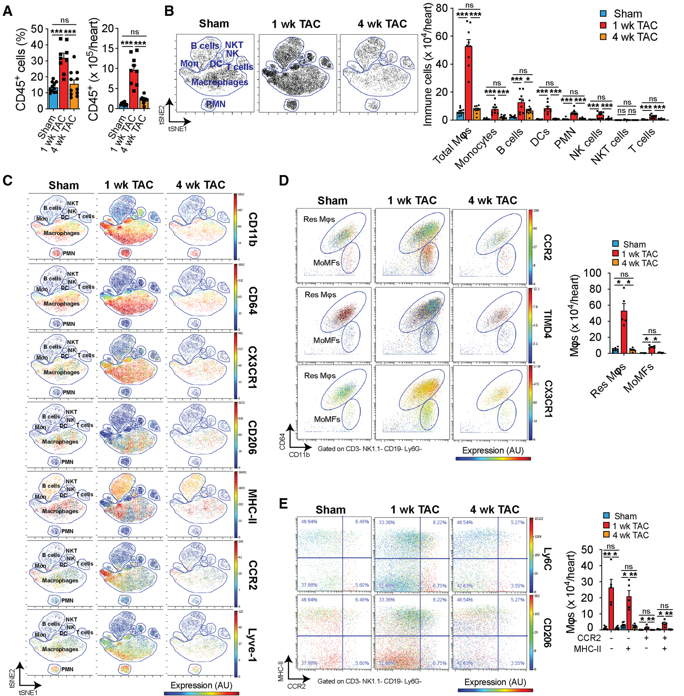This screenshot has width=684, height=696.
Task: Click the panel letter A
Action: (x=7, y=11)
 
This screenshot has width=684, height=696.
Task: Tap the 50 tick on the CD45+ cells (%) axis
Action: (x=37, y=29)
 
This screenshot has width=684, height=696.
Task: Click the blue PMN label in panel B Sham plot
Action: (x=215, y=104)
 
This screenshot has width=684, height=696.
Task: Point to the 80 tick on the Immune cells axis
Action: (x=442, y=8)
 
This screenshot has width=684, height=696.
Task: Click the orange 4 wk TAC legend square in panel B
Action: (x=603, y=37)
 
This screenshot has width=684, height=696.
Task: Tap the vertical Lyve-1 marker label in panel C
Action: (x=252, y=645)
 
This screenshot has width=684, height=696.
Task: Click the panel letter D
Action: (x=283, y=181)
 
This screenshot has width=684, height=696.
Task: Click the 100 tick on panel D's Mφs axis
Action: (x=592, y=273)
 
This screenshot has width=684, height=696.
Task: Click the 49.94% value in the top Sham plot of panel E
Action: (x=309, y=522)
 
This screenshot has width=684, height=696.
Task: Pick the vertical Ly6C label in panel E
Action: (x=548, y=558)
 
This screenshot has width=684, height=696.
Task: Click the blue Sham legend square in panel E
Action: (x=606, y=516)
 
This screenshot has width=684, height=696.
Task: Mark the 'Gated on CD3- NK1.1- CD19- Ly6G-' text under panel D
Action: (x=370, y=449)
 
